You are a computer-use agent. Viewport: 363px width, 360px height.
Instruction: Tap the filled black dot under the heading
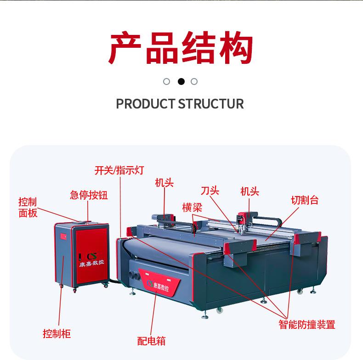181,82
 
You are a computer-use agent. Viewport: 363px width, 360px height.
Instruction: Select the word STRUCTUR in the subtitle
211,104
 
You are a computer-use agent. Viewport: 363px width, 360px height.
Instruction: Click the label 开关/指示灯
119,170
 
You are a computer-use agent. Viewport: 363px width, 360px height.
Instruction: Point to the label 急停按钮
89,195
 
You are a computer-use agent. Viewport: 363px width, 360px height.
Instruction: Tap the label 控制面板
28,208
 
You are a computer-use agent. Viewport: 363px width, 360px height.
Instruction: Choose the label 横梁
192,207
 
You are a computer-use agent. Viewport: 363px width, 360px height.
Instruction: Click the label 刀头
210,191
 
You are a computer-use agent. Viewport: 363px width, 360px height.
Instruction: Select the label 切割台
305,200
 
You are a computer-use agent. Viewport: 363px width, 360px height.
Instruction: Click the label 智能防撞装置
307,325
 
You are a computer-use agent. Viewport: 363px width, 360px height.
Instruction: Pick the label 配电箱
151,341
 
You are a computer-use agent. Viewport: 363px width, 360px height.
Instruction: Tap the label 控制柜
57,333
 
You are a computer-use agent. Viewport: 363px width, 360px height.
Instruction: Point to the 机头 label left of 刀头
164,183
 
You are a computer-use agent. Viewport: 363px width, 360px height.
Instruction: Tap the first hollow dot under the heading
167,82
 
